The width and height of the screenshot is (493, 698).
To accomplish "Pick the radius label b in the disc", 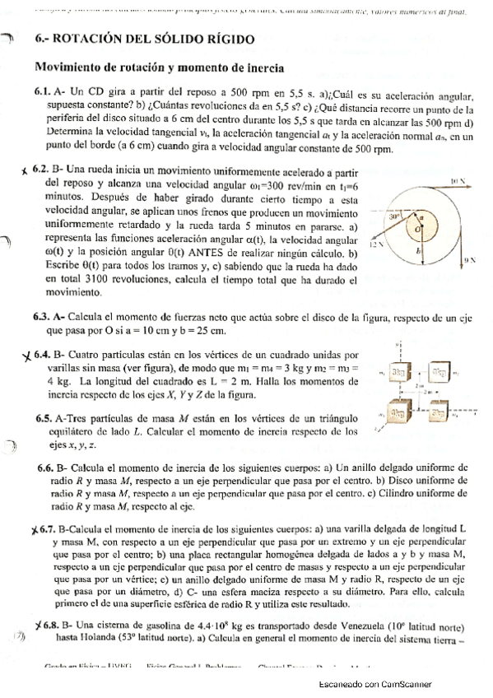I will (x=418, y=249).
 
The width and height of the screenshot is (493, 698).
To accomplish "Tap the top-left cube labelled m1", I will (x=399, y=371).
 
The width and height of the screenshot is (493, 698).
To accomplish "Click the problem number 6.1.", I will (x=43, y=95).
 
